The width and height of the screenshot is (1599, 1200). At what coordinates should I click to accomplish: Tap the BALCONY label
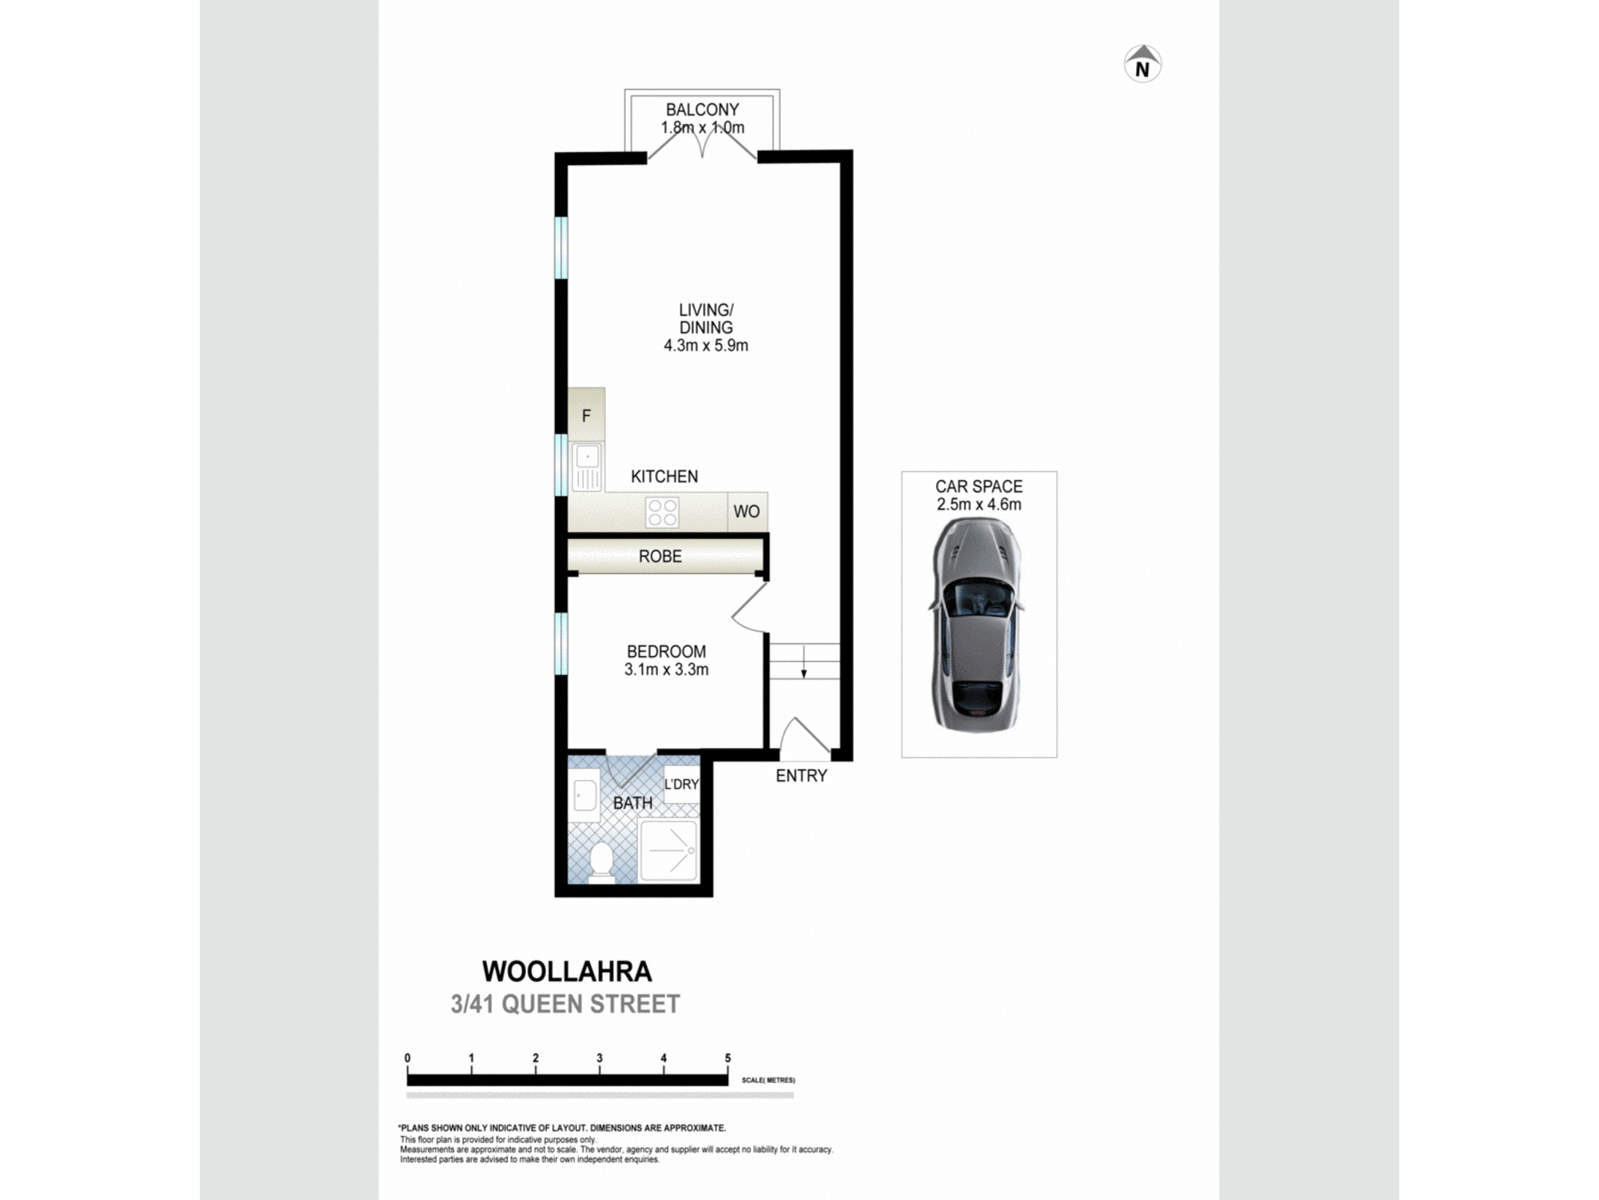pos(702,110)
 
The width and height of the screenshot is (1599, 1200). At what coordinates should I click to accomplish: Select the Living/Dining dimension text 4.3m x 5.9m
pos(705,346)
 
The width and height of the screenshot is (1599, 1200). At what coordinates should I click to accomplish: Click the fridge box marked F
pos(586,415)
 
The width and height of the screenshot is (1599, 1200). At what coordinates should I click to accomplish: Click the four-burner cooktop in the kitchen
pos(662,513)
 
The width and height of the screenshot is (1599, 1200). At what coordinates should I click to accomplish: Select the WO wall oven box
pos(747,512)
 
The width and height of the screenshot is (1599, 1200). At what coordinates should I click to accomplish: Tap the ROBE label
pos(660,557)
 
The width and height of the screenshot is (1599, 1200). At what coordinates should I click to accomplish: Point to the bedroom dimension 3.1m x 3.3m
pos(666,670)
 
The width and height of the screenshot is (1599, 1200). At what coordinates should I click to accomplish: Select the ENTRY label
pos(801,775)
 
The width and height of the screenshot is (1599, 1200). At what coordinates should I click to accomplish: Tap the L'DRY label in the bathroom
pos(681,784)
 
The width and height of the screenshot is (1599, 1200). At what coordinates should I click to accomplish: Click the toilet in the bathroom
pos(600,862)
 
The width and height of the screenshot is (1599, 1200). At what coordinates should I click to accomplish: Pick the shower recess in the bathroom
pos(668,850)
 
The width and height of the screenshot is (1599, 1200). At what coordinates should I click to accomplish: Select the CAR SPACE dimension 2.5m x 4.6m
pos(979,505)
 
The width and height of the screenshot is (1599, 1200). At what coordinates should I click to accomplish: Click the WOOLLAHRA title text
pos(567,971)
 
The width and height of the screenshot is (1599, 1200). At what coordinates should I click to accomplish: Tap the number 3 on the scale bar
pos(600,1058)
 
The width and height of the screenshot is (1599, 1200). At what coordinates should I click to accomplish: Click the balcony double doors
pos(702,144)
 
